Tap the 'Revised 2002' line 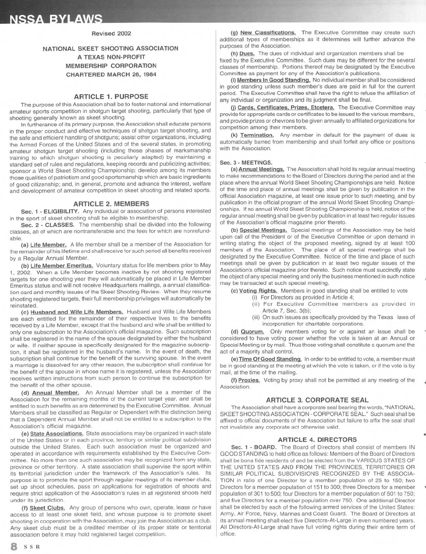111,33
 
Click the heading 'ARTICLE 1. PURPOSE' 111,96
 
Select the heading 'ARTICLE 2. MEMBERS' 111,203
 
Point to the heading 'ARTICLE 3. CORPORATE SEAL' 317,400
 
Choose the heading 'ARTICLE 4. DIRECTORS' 317,440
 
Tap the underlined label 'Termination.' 257,135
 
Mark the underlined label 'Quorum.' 252,332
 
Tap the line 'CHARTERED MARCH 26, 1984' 111,74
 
